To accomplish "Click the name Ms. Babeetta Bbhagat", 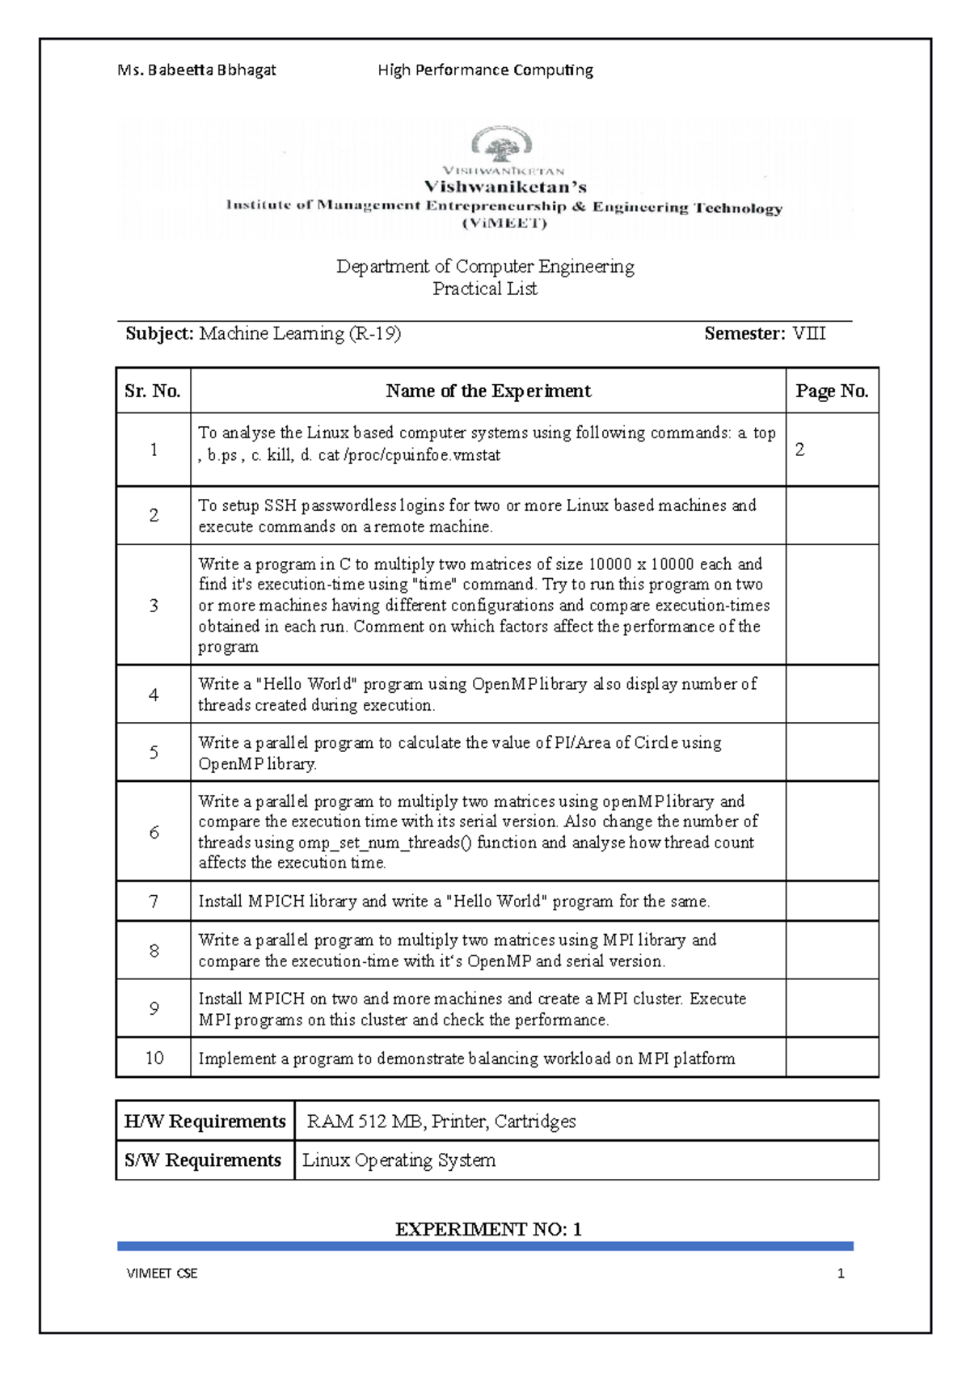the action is coord(196,70).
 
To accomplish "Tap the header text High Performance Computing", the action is coord(485,70).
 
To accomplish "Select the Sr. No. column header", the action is coord(153,391).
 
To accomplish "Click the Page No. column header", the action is coord(832,391).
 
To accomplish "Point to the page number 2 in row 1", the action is coord(800,450).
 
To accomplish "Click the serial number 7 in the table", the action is coord(154,901).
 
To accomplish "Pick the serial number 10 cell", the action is coord(154,1058).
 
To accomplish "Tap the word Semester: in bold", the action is coord(744,334).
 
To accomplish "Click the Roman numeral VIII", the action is coord(809,334).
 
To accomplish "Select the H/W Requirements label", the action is coord(205,1122).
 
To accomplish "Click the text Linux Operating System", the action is coord(399,1160).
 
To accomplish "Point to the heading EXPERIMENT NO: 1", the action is coord(488,1229).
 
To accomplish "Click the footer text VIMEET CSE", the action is coord(162,1274).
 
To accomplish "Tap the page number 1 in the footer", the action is coord(841,1274).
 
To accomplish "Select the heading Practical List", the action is coord(485,289).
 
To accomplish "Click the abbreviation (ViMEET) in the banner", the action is coord(504,224).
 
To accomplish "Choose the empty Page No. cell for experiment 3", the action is coord(832,605).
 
